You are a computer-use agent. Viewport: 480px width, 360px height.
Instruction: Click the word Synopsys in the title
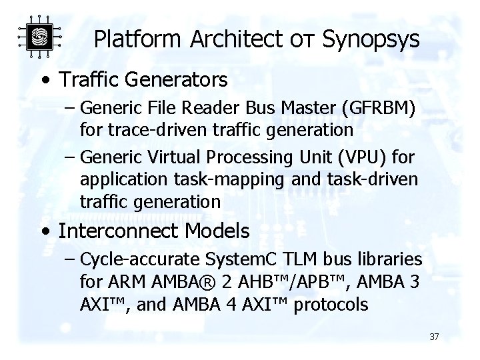(371, 39)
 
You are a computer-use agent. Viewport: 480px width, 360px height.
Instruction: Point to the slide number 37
(434, 337)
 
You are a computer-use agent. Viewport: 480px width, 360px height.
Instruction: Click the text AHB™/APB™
(278, 282)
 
